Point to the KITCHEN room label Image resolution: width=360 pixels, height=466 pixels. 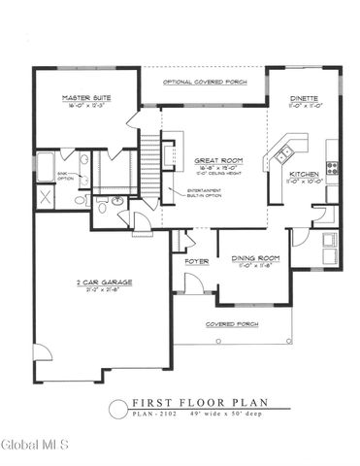(305, 176)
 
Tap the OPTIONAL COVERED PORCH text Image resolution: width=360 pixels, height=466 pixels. (203, 82)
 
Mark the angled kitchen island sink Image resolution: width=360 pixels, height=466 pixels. (285, 153)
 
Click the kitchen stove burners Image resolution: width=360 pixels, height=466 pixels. (333, 167)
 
